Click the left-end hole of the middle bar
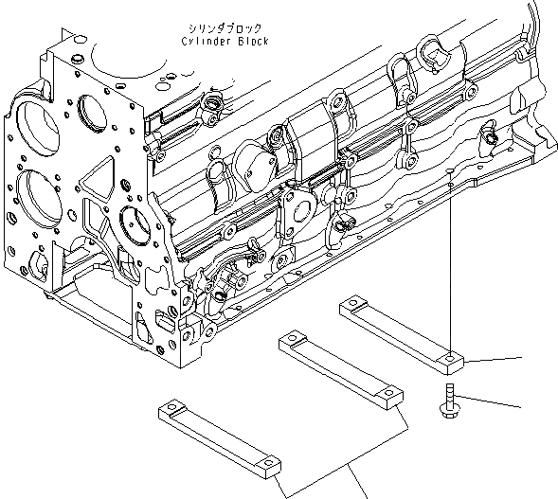[294, 338]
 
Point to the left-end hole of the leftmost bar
[171, 408]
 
